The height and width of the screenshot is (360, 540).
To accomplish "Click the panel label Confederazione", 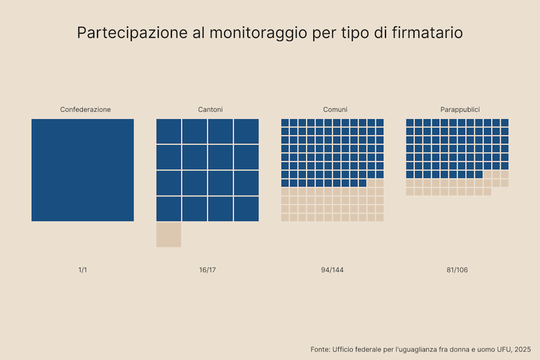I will pos(85,110).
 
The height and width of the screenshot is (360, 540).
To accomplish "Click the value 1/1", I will pos(83,270).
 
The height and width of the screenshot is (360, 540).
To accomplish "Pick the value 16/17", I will pos(208,270).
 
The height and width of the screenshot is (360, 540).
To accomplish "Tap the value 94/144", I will pos(332,270).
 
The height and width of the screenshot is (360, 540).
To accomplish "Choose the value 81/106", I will pos(457,270).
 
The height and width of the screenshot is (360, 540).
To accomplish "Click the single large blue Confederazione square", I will pos(83,170).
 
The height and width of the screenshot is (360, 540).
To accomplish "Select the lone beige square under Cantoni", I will pos(169,235).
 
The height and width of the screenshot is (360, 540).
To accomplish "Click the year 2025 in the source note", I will pos(523,349).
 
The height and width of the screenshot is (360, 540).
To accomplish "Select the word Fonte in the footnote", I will pos(320,349).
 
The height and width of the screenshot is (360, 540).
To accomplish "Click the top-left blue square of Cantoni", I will pos(169,131).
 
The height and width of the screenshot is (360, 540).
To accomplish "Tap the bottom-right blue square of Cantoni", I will pos(246,209).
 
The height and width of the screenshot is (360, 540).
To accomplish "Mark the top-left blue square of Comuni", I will pos(285,123).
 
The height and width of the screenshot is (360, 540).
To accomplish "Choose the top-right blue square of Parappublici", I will pos(505,123).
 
